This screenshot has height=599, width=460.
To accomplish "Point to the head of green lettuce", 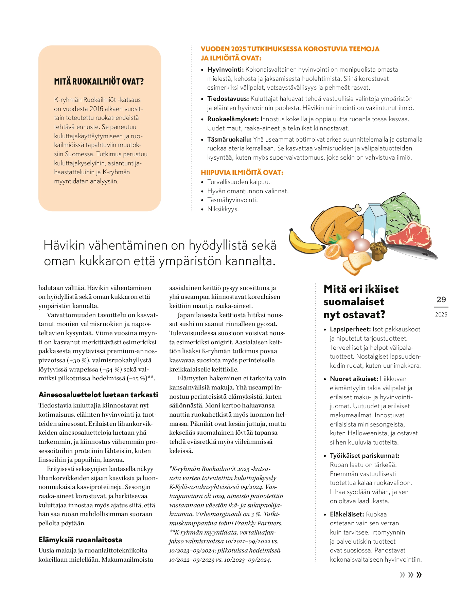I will point(401,212).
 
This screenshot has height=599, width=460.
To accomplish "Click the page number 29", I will point(441,299).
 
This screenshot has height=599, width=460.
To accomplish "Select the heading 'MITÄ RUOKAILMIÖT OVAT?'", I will point(99,81).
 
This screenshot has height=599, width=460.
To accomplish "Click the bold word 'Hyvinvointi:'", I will point(225,70).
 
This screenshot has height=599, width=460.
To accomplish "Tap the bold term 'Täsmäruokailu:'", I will point(229,140).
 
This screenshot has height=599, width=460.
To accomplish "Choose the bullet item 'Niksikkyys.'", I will point(223,209).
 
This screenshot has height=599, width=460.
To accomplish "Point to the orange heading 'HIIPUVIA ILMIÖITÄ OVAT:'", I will point(242,173).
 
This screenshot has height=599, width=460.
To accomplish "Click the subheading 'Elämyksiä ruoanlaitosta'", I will point(80,540).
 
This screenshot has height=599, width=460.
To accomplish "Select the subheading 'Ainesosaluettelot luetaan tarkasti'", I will point(98,395).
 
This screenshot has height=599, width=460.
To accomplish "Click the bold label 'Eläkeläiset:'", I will point(347,514).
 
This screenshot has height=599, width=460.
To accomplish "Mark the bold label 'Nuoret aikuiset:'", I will point(354,379).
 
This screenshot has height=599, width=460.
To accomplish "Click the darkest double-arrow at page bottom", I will point(419,575).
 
